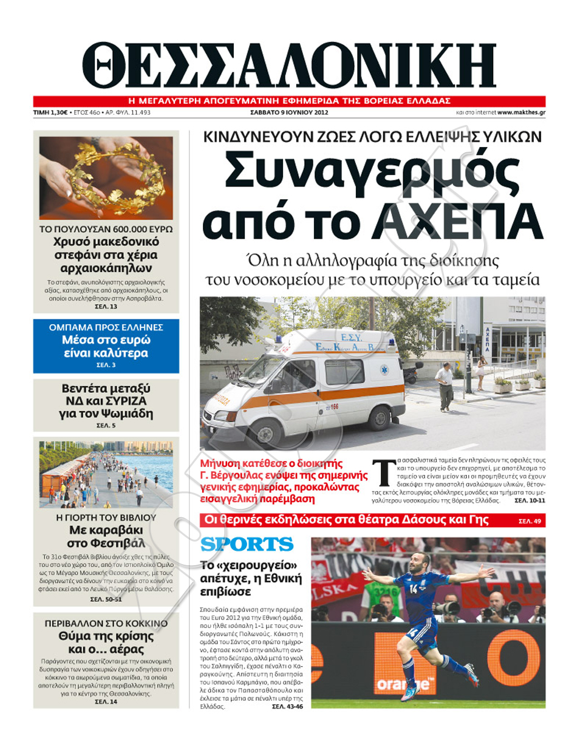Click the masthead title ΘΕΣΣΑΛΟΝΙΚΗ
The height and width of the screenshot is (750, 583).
(x=289, y=65)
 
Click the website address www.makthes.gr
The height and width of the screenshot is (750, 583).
(x=520, y=112)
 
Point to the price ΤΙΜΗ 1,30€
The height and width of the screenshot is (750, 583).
(x=50, y=112)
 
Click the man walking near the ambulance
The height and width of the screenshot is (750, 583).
(x=445, y=386)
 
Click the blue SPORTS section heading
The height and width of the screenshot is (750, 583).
(x=247, y=544)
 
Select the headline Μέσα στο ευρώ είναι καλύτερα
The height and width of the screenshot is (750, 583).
(x=106, y=346)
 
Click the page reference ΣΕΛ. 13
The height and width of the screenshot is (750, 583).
(x=106, y=307)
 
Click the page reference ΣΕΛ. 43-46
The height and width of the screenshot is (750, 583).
(x=287, y=706)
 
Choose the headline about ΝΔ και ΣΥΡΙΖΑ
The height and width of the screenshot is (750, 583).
(x=106, y=401)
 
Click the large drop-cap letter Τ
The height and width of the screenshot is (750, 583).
(x=383, y=474)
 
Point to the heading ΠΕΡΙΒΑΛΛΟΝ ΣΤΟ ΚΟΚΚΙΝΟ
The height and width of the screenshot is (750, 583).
(x=106, y=623)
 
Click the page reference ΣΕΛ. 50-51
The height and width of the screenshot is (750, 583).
(x=106, y=599)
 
